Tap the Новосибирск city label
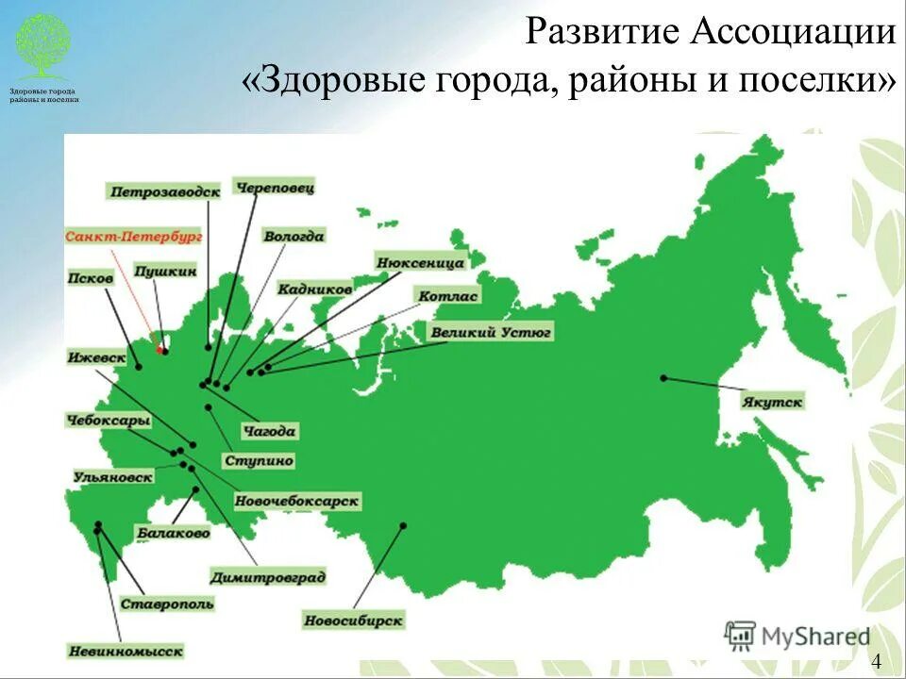coord(354,621)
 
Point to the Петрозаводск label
coord(165,191)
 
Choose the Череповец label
coord(275,188)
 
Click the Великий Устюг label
coord(491,332)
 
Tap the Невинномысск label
coord(125,651)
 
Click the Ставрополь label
coord(167,604)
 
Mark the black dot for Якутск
coord(663,378)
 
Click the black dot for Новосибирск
coord(403,525)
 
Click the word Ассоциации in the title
coord(793,33)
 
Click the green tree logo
coord(42,45)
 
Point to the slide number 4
coord(877,660)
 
